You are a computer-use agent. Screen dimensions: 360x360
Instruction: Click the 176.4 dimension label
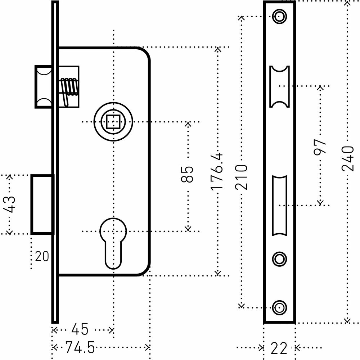217,171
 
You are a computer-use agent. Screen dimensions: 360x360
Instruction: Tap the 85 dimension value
187,174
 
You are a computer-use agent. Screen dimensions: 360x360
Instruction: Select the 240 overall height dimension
347,159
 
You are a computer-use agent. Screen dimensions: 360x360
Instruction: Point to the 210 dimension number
242,177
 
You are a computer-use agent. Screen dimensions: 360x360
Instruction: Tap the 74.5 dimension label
80,348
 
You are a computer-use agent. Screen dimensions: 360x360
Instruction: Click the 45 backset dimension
80,329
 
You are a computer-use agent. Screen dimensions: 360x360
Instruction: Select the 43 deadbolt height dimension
10,204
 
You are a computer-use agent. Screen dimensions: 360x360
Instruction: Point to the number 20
42,256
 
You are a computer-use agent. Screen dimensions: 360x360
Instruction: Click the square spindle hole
113,122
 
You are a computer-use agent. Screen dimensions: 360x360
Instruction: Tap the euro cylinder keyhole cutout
113,241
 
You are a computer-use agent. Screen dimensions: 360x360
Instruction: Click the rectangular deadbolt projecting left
42,204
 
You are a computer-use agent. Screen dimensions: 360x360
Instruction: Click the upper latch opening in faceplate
279,87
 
